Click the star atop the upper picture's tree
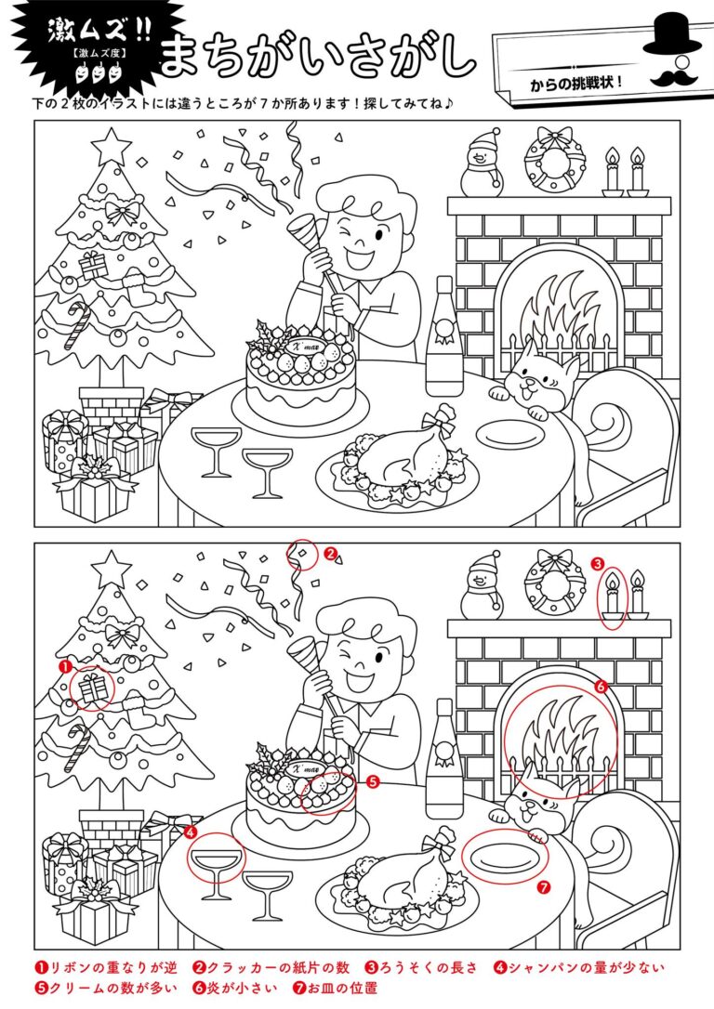112,146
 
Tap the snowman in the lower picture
483,585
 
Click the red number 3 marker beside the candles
597,564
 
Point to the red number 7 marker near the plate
544,887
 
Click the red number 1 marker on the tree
64,667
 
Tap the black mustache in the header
673,76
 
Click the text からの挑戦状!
576,84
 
